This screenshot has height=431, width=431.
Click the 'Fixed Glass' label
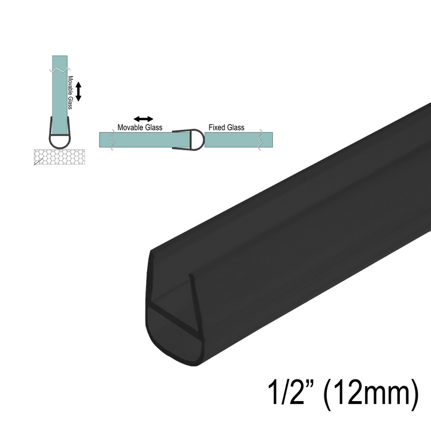point(226,128)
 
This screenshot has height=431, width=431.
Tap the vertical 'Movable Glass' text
point(70,93)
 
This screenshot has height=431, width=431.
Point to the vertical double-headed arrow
point(78,92)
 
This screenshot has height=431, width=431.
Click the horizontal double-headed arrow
point(143,119)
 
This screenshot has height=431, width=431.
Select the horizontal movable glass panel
point(138,139)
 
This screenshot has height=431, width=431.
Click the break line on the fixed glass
point(260,139)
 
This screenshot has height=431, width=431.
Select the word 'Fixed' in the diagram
point(216,128)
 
